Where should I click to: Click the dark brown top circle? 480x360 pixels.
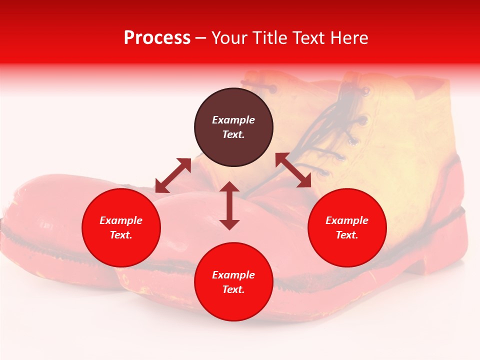click(x=233, y=127)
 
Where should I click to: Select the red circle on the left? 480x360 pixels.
click(x=121, y=227)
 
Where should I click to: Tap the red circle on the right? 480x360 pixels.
click(x=347, y=227)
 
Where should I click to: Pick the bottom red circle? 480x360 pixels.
click(x=233, y=282)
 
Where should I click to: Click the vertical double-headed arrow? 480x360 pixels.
click(x=229, y=205)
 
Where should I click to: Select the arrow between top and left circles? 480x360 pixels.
click(x=173, y=175)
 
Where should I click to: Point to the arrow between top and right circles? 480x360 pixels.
click(x=293, y=170)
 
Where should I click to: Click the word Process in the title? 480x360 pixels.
click(x=157, y=37)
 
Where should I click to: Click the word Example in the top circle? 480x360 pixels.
click(x=233, y=120)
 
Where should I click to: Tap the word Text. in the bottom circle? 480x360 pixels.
click(x=233, y=289)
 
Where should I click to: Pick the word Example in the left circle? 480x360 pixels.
click(x=121, y=220)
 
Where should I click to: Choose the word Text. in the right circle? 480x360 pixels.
click(x=347, y=235)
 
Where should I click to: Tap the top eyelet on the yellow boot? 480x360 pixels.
click(x=366, y=91)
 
